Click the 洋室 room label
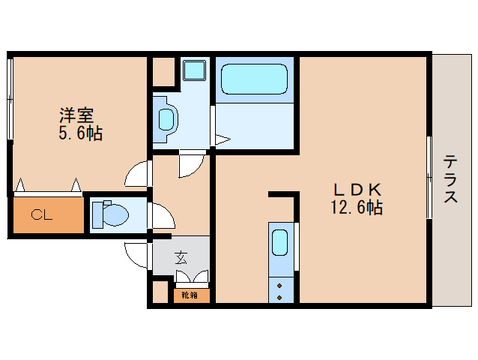(x=76, y=115)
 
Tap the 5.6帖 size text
(x=80, y=133)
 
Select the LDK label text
(x=357, y=190)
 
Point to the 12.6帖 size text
(x=357, y=208)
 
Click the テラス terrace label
(x=450, y=178)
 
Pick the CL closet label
(x=42, y=214)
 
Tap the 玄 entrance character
(x=181, y=257)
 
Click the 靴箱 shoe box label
(x=190, y=295)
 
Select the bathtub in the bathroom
(x=254, y=79)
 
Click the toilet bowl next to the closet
(x=115, y=214)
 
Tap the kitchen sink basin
(x=280, y=242)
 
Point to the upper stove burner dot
(x=279, y=286)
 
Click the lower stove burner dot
(x=279, y=298)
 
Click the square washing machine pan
(x=195, y=70)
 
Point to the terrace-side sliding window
(x=429, y=177)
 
